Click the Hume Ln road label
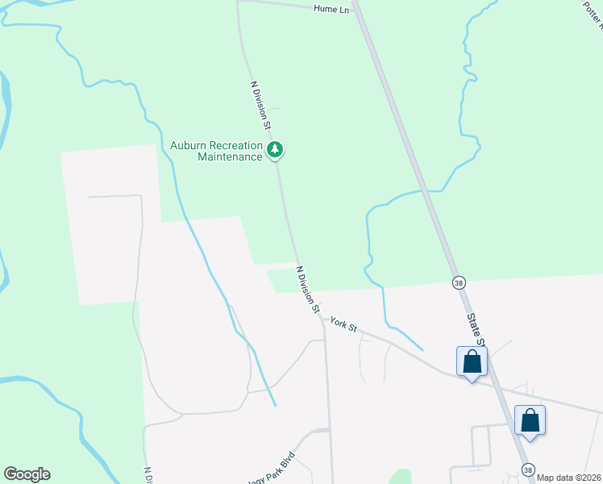tap(331, 8)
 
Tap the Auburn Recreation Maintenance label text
tap(216, 151)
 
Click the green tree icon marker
tap(276, 149)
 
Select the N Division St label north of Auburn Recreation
tap(260, 105)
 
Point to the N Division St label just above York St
tap(308, 290)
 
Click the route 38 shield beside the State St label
tap(459, 282)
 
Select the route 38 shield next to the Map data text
tap(528, 469)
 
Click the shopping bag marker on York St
tap(472, 362)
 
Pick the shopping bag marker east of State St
tap(530, 420)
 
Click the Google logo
tap(27, 474)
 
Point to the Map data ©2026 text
tap(568, 478)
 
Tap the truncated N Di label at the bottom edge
tap(148, 475)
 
